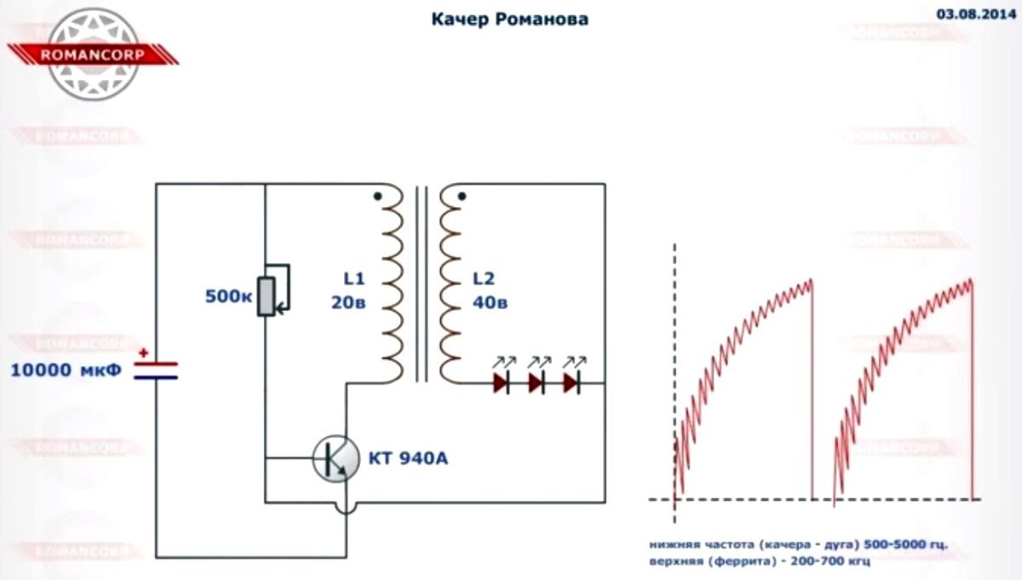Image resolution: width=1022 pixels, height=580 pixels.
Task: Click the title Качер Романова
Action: click(x=509, y=19)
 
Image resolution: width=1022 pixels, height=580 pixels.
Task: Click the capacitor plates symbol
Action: click(x=156, y=369)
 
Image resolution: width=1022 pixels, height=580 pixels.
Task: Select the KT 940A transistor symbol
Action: click(x=335, y=459)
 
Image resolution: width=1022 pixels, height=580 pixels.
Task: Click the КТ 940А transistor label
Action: click(x=407, y=460)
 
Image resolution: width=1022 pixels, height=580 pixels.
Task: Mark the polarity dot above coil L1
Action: click(x=377, y=196)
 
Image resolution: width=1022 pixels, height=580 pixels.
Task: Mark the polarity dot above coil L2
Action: click(x=462, y=196)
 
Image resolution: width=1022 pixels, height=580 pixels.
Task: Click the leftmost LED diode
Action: click(x=502, y=383)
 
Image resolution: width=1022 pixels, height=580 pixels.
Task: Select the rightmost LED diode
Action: click(x=571, y=383)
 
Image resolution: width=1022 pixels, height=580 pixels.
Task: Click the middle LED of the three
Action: click(x=537, y=383)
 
